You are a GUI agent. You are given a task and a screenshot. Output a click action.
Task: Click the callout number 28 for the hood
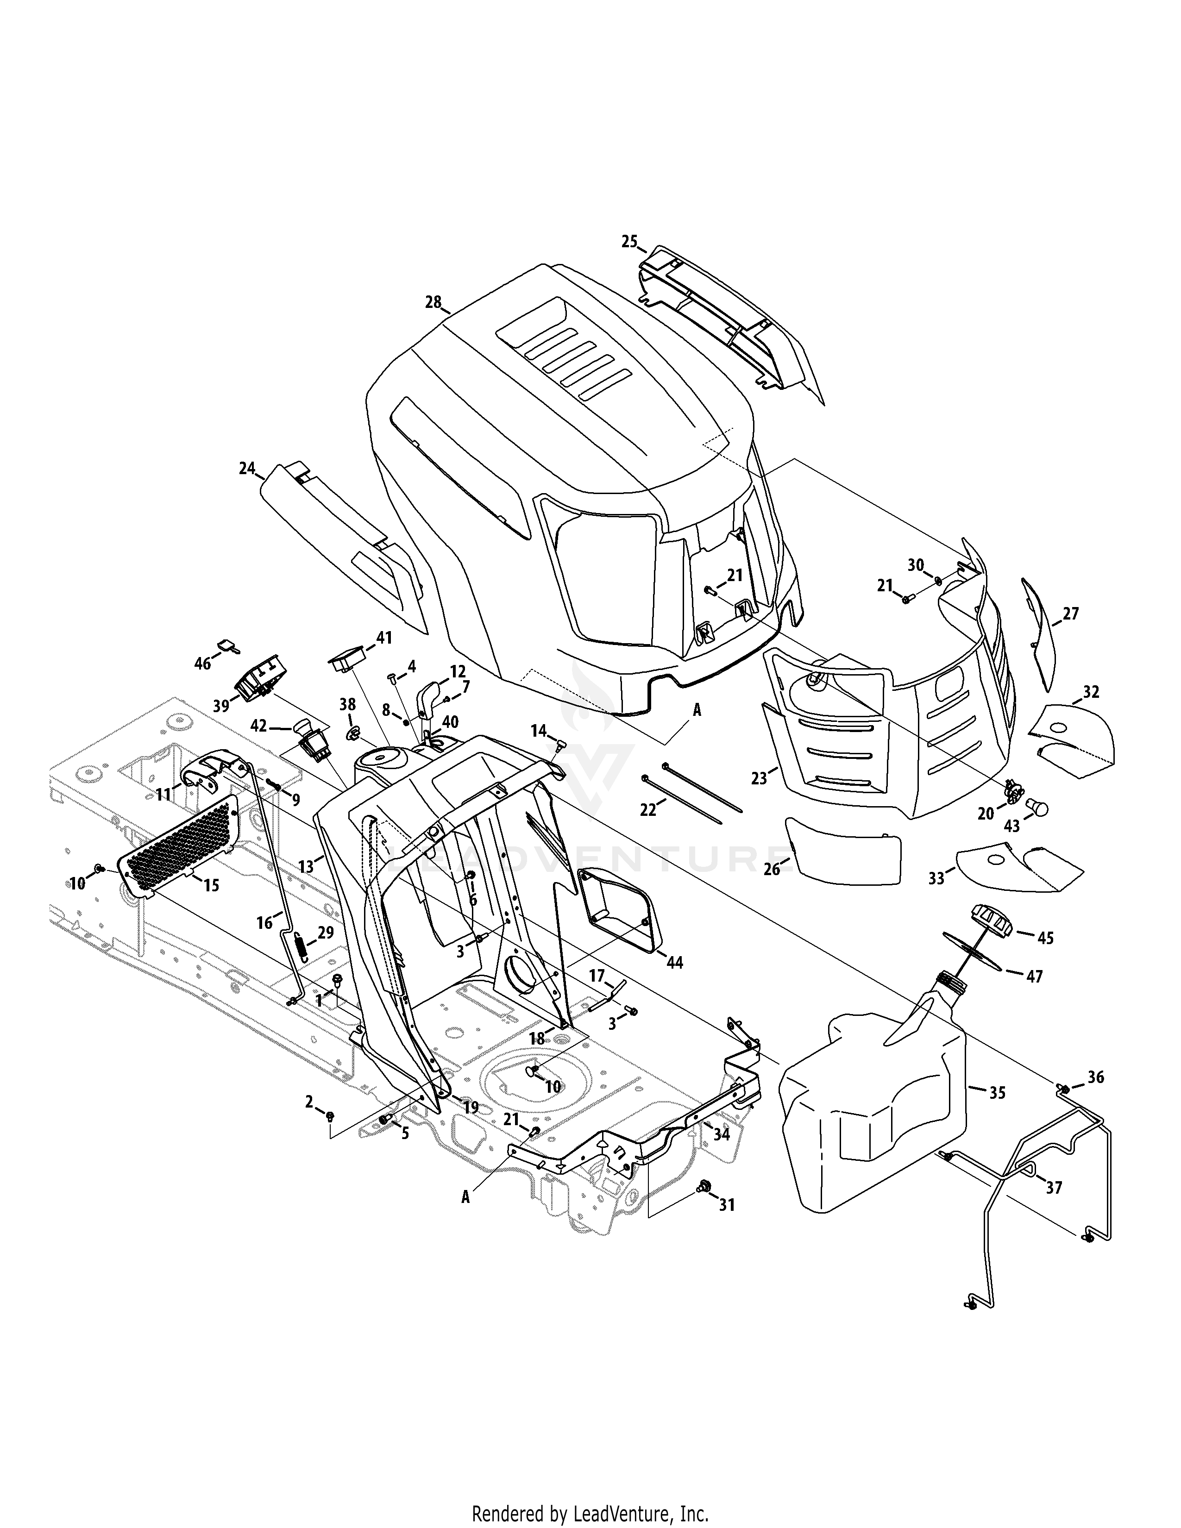(433, 302)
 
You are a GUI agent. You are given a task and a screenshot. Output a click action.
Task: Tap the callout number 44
(674, 963)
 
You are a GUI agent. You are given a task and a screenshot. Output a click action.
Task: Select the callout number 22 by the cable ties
(648, 809)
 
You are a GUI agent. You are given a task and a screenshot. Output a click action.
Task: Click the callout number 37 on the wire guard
(1054, 1187)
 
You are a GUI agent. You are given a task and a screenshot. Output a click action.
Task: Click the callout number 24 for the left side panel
(247, 468)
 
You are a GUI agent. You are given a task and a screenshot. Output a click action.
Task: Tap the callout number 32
(1091, 692)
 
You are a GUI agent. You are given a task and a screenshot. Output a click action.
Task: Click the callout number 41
(384, 638)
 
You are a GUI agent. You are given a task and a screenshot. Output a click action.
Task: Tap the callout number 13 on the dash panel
(306, 867)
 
